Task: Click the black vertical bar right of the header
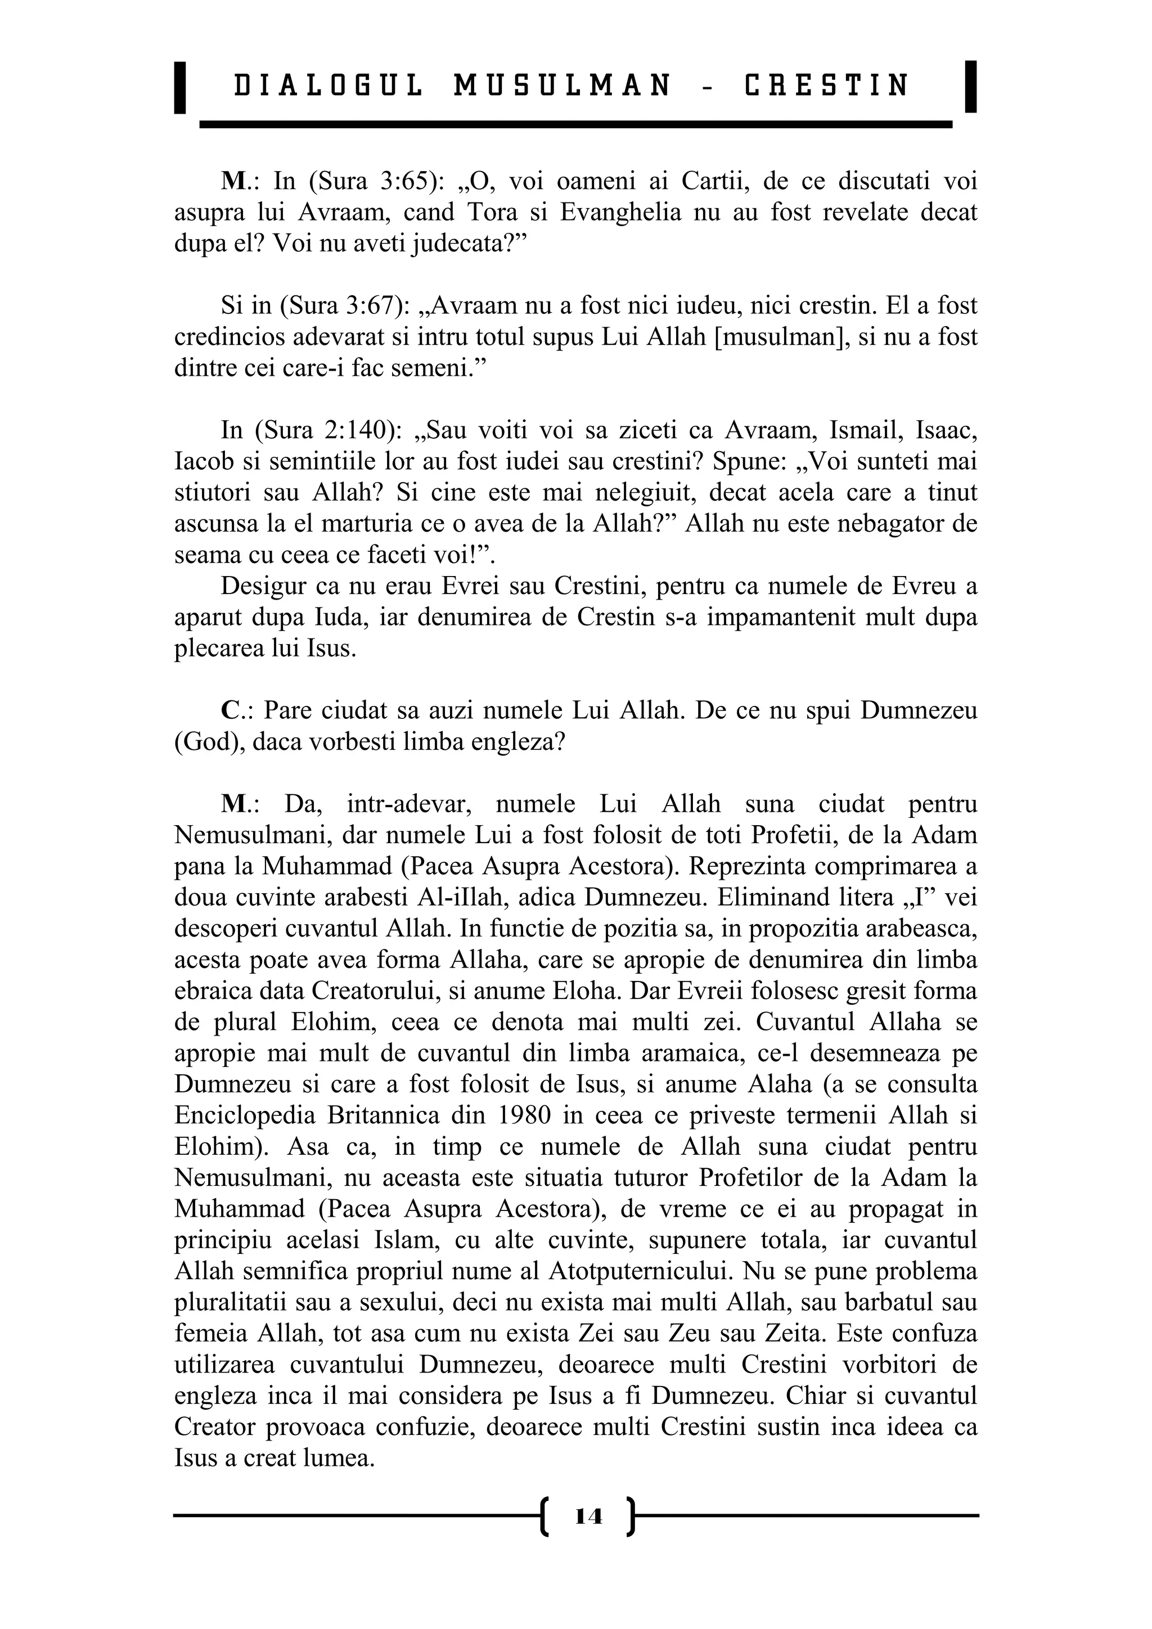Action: click(971, 87)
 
